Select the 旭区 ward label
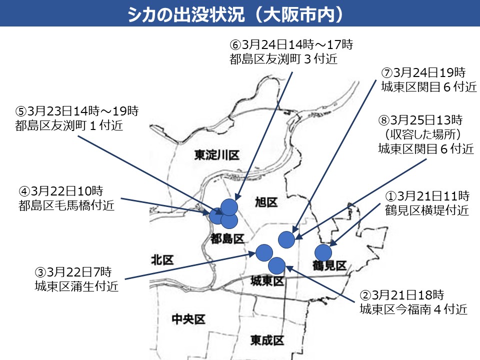coord(266,202)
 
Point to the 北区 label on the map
coord(162,260)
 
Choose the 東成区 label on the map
coord(267,341)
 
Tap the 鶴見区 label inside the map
coord(329,265)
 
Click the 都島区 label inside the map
coord(227,239)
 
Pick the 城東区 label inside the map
coord(267,282)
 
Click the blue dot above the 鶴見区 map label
coord(323,253)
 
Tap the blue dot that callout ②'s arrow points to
coord(276,265)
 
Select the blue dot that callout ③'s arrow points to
coord(263,252)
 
